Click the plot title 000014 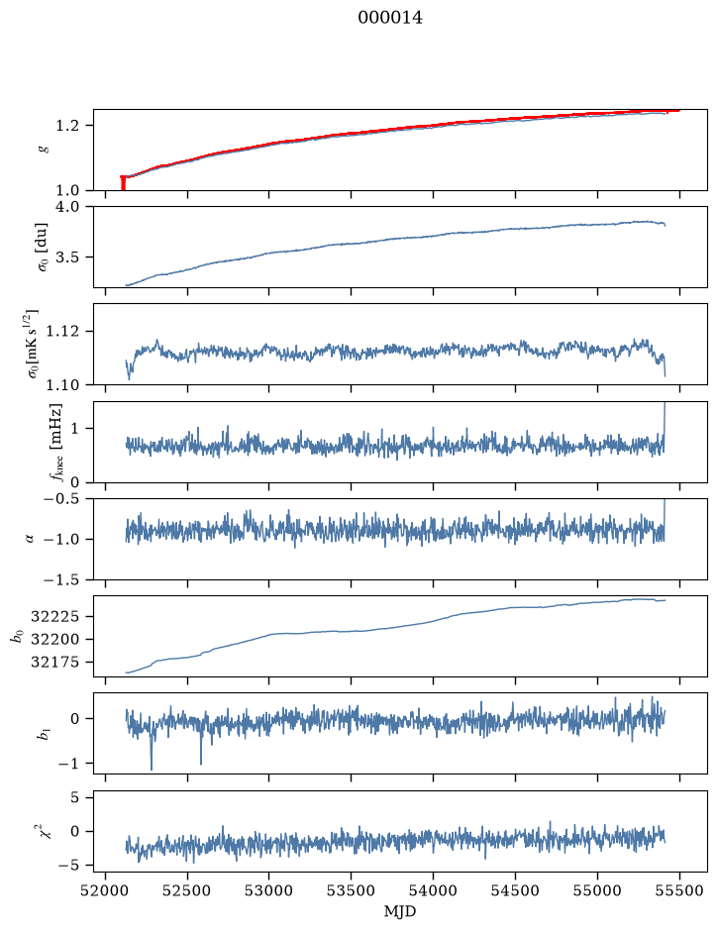coord(390,18)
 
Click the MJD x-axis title coord(400,911)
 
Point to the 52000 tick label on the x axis coord(106,890)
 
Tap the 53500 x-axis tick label coord(352,890)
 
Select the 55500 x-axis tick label coord(679,890)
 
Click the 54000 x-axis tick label coord(433,890)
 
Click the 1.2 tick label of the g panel coord(66,126)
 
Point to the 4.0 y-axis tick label coord(66,206)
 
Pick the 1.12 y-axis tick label coord(62,331)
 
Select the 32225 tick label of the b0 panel coord(54,617)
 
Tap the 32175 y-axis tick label coord(54,662)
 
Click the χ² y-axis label coord(45,830)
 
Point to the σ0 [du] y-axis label coord(43,248)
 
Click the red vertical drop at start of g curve coord(123,183)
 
